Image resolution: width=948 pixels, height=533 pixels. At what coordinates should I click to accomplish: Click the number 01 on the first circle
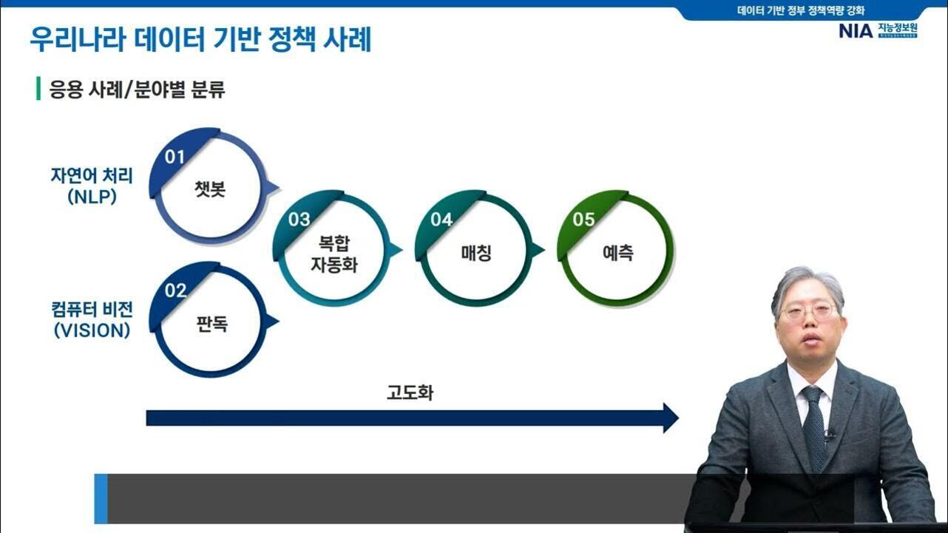coord(175,157)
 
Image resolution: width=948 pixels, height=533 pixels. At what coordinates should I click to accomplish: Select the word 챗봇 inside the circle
coord(210,189)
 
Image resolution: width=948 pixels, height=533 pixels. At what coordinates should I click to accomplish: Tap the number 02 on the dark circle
coord(175,291)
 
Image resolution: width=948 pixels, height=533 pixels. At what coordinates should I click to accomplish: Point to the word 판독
coord(211,323)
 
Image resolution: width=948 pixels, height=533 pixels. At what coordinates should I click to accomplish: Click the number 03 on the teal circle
coord(299,220)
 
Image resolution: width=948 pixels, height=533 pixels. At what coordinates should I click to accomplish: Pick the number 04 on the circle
coord(441,220)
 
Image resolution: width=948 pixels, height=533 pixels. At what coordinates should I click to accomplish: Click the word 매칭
coord(476,253)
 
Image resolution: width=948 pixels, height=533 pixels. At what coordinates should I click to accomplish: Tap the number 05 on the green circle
coord(583,220)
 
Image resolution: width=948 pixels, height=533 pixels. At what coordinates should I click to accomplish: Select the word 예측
coord(617,253)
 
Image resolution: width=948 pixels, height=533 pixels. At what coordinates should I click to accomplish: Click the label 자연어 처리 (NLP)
coord(92,186)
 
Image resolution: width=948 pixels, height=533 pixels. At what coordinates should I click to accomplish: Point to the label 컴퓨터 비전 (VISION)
coord(92,319)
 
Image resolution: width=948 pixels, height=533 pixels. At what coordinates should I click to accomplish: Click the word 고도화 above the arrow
coord(410,393)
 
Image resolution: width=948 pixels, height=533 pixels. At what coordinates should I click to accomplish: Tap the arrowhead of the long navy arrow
coord(670,418)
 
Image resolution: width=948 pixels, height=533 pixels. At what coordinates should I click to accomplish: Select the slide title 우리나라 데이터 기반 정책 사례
coord(200,40)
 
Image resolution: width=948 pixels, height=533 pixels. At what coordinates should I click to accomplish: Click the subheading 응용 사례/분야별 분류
coord(137,90)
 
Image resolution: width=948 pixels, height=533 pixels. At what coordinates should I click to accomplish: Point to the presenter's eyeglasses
coord(810,311)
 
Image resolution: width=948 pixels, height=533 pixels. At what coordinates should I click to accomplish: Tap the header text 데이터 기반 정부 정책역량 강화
coord(801,10)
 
